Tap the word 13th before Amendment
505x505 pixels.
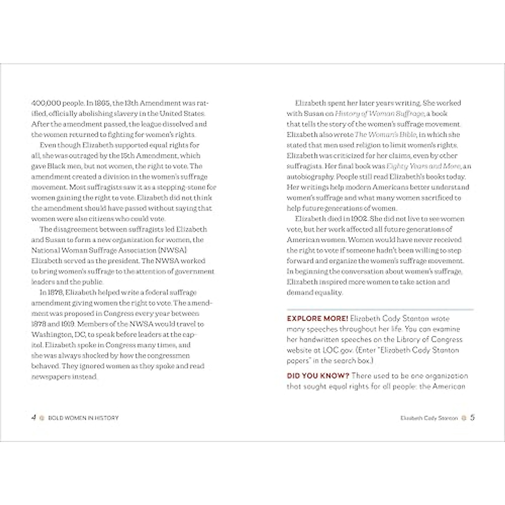(132, 103)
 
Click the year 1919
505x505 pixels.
(67, 324)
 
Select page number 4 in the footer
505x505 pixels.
(34, 417)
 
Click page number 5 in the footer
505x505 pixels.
(473, 417)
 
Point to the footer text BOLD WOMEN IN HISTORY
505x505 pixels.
(83, 418)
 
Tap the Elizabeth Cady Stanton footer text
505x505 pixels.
(429, 418)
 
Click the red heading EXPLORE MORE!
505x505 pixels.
(317, 319)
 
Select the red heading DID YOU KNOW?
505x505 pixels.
(318, 376)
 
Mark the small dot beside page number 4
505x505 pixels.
(41, 418)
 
